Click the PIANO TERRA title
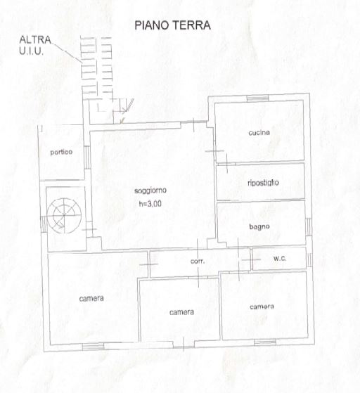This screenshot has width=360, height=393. coord(172,25)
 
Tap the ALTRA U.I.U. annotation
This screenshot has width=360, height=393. coord(35,46)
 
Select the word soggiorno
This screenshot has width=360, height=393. coord(150,191)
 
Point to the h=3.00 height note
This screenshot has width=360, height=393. coord(150,204)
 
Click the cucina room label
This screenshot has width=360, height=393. coord(259,132)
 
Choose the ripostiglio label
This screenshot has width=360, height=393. coord(263,183)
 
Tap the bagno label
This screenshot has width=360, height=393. coord(259,227)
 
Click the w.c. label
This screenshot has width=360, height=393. coord(280,258)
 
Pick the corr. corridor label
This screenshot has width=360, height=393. coord(198,261)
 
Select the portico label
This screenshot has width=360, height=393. coord(61,152)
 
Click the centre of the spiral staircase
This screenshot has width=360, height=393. coord(64,215)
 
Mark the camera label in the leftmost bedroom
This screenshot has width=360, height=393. coord(91,298)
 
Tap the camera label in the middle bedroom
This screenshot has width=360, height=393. coord(181,312)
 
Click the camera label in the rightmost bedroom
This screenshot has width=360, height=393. coord(262,307)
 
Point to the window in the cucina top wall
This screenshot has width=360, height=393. coord(258,98)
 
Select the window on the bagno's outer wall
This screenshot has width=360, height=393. coord(309,227)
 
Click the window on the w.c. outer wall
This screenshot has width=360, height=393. coord(309,260)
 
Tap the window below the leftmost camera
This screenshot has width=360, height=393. coord(93,347)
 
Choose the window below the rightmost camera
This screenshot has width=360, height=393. coord(265,342)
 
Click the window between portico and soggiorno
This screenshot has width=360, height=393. coord(86,157)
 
